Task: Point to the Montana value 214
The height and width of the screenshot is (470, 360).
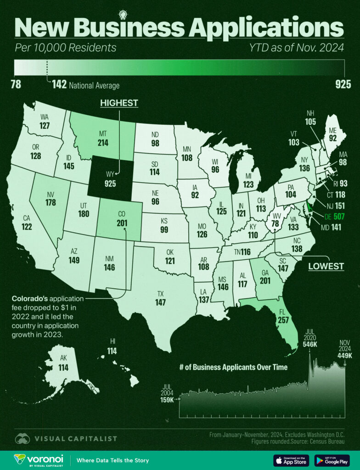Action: click(103, 143)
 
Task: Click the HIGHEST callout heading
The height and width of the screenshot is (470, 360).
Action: click(119, 103)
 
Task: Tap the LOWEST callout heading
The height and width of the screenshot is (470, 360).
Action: click(326, 266)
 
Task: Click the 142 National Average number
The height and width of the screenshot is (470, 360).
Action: click(59, 84)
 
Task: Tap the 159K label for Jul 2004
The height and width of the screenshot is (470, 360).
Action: click(166, 400)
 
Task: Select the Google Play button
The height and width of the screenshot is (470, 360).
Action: click(332, 460)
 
